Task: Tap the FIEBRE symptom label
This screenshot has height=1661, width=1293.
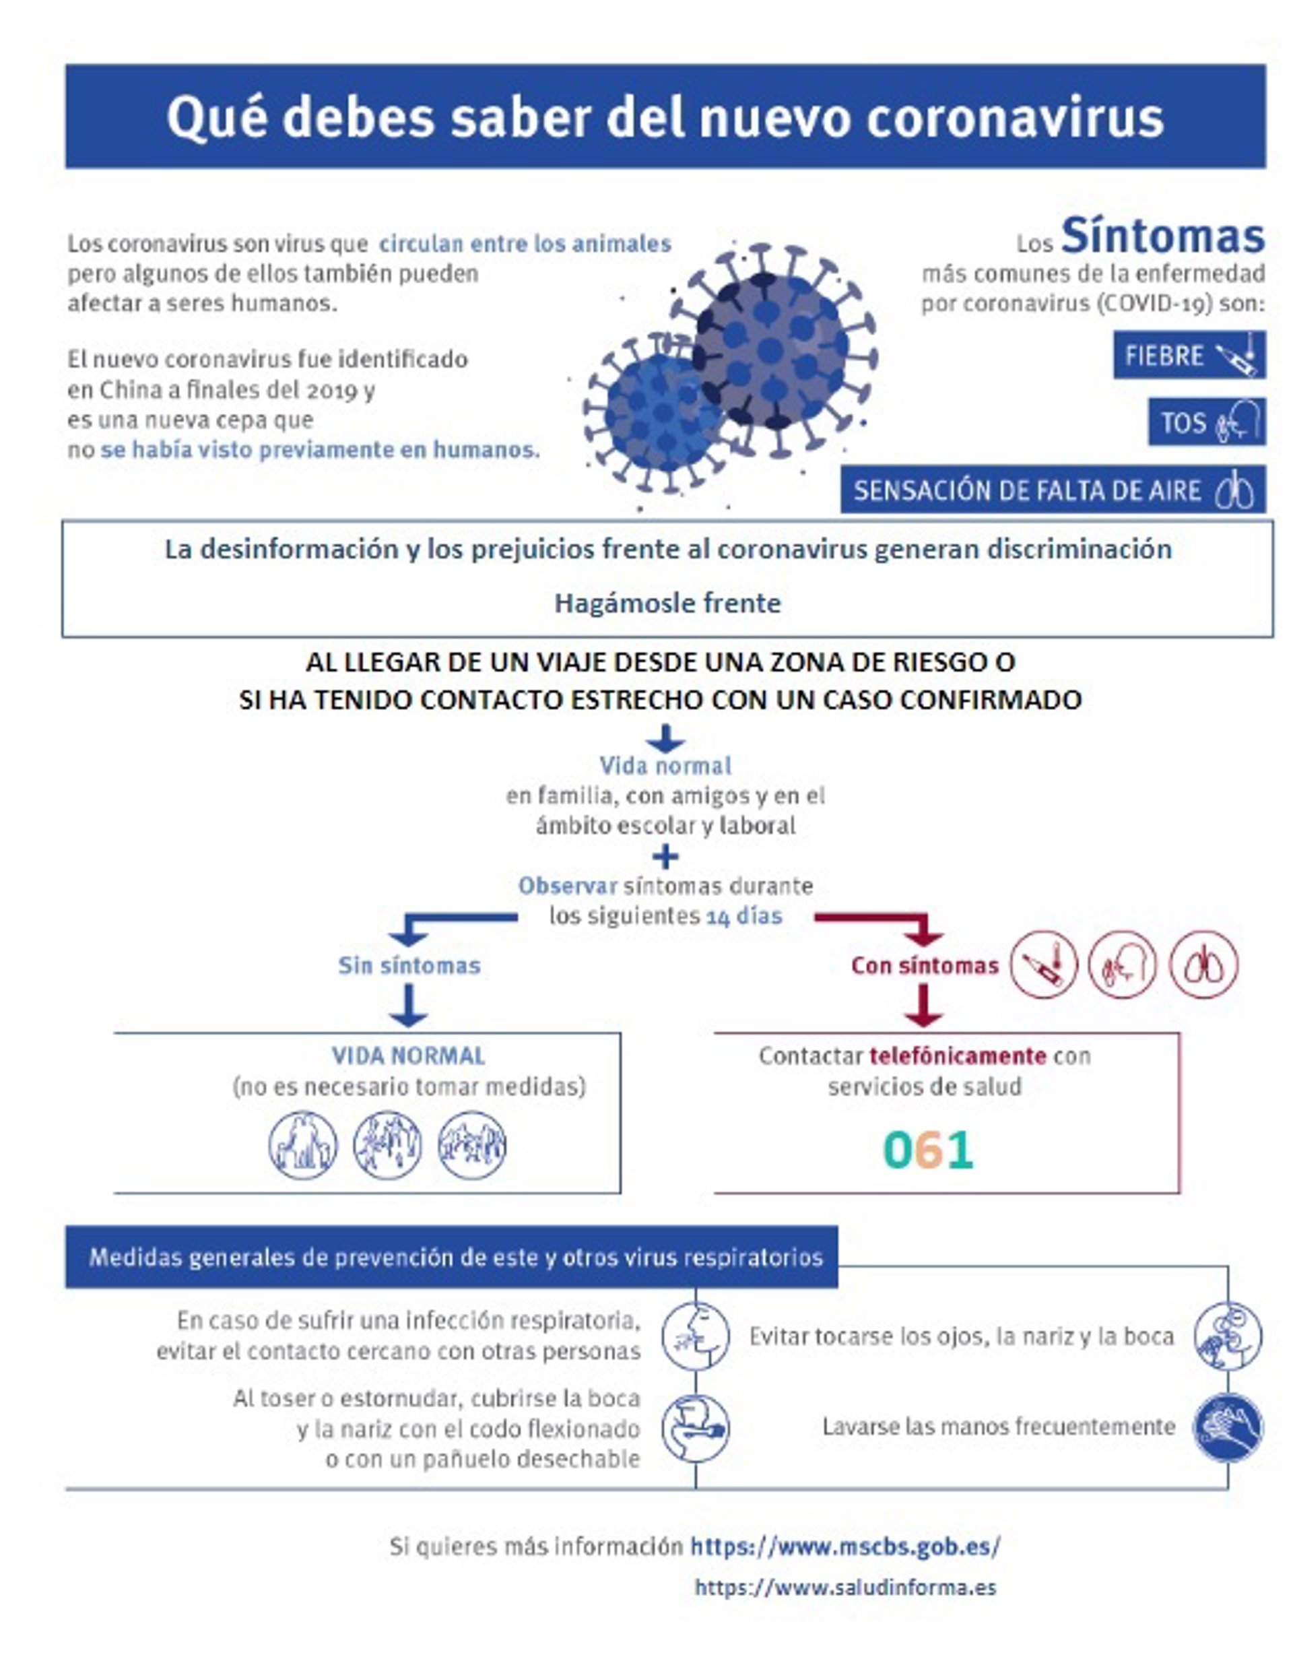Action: [1164, 355]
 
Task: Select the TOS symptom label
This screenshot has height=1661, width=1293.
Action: [1183, 422]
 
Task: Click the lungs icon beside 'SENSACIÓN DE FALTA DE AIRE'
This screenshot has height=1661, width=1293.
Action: [1234, 491]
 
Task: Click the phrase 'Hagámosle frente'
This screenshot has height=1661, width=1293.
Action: [667, 603]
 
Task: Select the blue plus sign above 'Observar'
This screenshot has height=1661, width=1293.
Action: [665, 857]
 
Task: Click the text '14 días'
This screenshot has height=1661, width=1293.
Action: [744, 917]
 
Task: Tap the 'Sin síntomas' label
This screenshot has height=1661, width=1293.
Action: [409, 965]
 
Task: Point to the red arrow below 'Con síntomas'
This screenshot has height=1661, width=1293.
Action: [924, 1006]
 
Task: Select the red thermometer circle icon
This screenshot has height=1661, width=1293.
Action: [1044, 965]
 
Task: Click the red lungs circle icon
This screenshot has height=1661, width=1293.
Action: [1203, 965]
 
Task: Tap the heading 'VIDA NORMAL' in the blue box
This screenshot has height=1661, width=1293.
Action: [408, 1055]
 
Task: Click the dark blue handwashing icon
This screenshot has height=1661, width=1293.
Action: [1227, 1427]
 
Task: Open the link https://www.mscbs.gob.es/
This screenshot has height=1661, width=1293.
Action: [845, 1546]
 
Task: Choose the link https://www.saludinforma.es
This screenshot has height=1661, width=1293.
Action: [845, 1587]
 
